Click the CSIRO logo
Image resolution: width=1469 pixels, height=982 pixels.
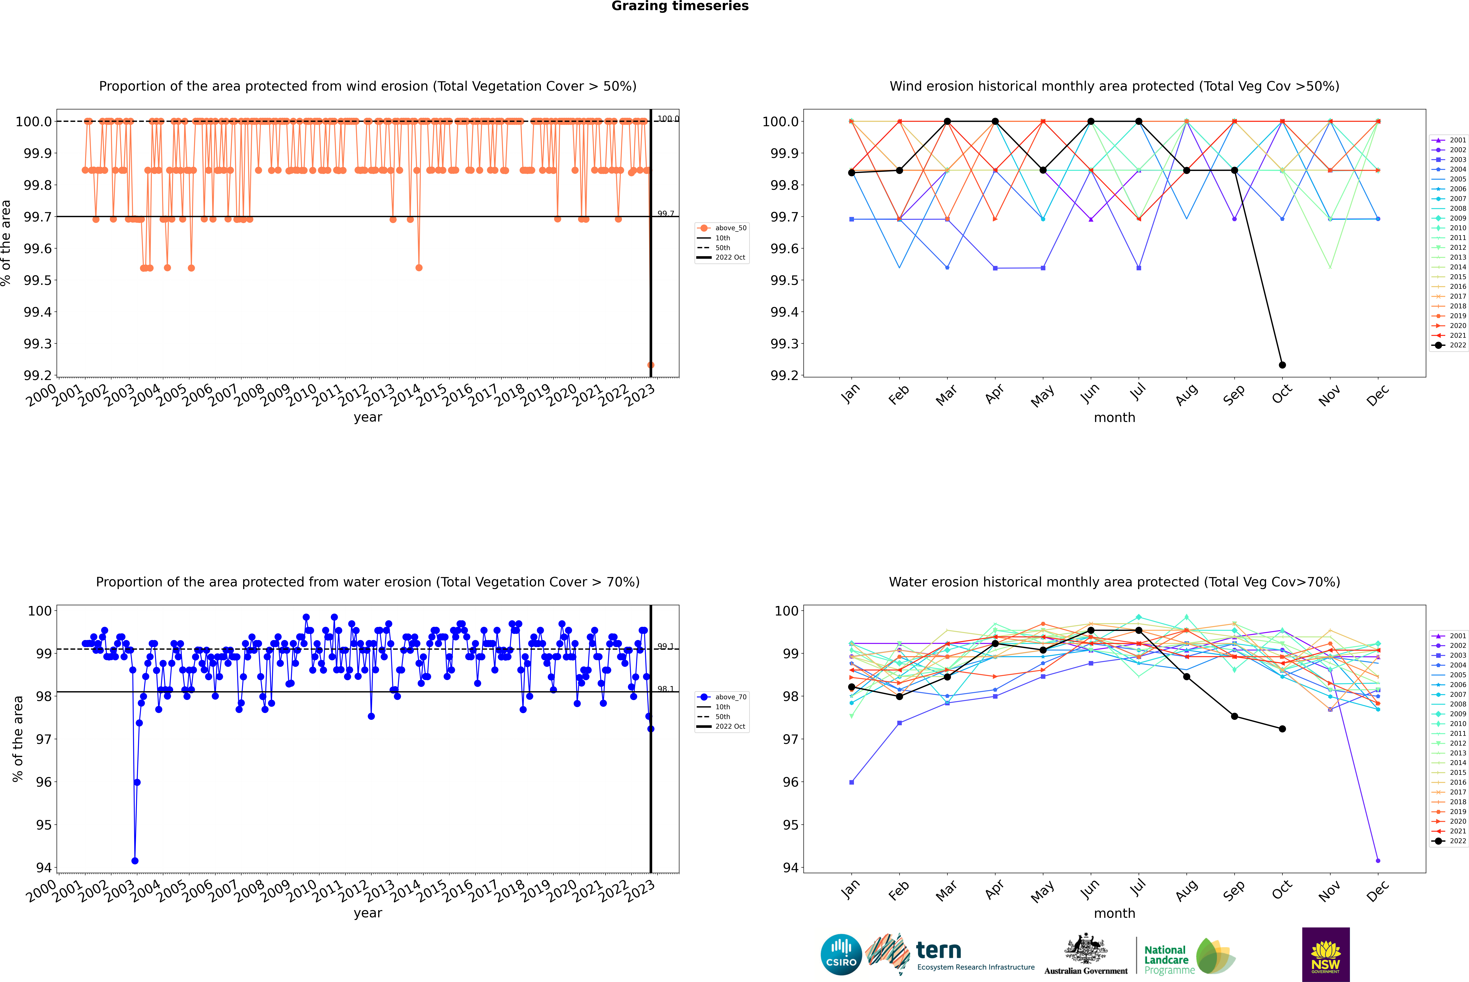click(841, 954)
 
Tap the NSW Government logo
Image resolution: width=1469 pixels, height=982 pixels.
click(1326, 954)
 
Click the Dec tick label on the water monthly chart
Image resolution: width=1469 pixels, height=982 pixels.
click(1378, 891)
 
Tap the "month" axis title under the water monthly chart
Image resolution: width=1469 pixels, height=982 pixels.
click(1114, 913)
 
